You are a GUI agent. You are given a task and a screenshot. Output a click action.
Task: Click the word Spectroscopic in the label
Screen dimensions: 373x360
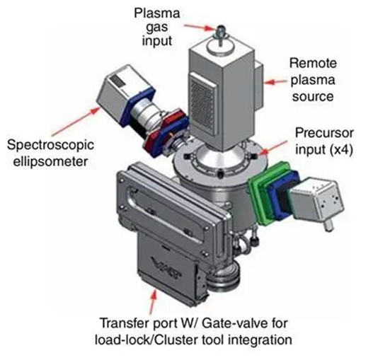tap(50, 145)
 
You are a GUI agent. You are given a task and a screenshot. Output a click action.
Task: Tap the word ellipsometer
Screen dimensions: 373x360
tap(50, 162)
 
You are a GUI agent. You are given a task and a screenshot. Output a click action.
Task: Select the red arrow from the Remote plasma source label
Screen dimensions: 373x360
tap(277, 82)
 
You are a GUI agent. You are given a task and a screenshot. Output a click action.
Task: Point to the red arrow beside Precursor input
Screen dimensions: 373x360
tap(274, 147)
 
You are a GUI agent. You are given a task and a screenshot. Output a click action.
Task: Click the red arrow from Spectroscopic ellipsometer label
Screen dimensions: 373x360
tap(76, 122)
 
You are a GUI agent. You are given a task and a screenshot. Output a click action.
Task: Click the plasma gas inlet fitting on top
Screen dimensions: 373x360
tap(221, 35)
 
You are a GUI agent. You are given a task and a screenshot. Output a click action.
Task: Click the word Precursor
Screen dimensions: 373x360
tap(324, 133)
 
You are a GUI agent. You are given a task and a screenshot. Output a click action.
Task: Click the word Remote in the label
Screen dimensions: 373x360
tap(313, 63)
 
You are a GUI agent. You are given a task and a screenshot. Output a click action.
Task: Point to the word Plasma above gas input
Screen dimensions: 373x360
tap(156, 13)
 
